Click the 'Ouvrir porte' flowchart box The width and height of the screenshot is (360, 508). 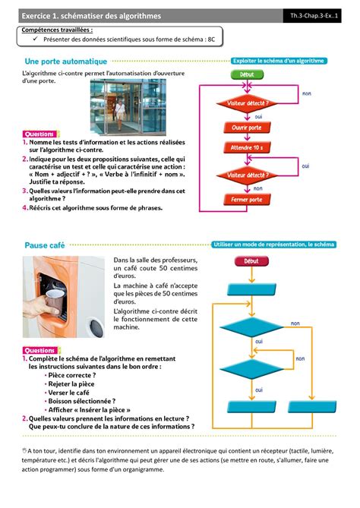coord(248,128)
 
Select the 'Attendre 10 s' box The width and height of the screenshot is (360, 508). coord(248,149)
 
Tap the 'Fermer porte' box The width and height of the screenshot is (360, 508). coord(248,200)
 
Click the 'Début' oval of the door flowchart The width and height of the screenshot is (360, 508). coord(248,75)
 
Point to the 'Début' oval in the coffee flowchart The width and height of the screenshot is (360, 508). coord(251,261)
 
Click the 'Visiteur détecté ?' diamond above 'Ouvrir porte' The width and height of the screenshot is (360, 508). coord(248,103)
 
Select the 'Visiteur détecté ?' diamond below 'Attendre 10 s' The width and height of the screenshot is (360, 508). coord(248,174)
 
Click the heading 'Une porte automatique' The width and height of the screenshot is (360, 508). coord(66,60)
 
